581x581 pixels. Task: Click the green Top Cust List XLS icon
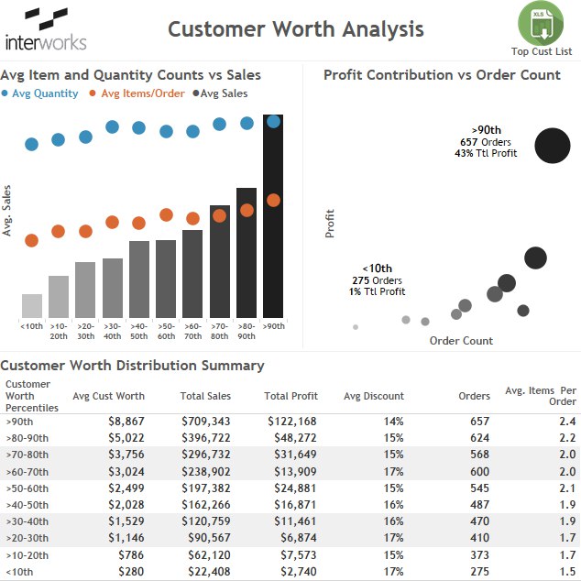point(541,23)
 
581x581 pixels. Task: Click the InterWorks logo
point(46,29)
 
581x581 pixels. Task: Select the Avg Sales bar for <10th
point(32,306)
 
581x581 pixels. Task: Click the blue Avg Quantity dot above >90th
point(273,121)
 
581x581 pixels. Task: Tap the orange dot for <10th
point(31,240)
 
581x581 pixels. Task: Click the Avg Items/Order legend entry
point(137,93)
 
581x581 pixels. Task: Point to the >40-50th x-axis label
point(139,331)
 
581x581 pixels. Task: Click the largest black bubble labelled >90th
point(552,146)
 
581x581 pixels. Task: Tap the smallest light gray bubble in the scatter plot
point(356,327)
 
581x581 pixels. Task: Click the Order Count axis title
point(461,341)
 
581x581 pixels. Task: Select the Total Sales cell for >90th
point(205,422)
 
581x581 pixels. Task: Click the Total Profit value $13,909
point(295,471)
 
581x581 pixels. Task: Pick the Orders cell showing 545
point(479,488)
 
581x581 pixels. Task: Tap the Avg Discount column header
point(374,396)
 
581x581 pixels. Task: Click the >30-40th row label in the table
point(27,521)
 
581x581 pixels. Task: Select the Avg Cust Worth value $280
point(131,571)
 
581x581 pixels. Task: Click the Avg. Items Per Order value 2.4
point(567,422)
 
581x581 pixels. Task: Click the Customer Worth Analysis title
point(296,29)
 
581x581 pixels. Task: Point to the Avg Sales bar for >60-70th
point(192,274)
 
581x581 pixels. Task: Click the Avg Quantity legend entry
point(40,93)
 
